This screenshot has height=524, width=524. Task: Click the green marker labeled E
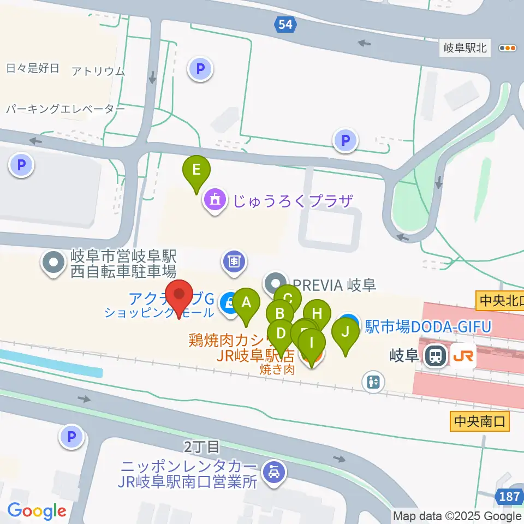[x=196, y=170]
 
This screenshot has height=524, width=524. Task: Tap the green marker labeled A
[x=246, y=302]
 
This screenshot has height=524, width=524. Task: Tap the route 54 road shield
[x=284, y=24]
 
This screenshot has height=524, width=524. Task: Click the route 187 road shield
[x=509, y=497]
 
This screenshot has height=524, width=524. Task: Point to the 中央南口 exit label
[x=480, y=421]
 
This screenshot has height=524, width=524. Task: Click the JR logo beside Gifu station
[x=463, y=357]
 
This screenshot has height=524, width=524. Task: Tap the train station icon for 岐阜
[x=434, y=357]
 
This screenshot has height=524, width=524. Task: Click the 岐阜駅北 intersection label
[x=465, y=48]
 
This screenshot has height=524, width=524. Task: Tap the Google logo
[x=37, y=511]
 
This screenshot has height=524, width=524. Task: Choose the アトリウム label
[x=98, y=71]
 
